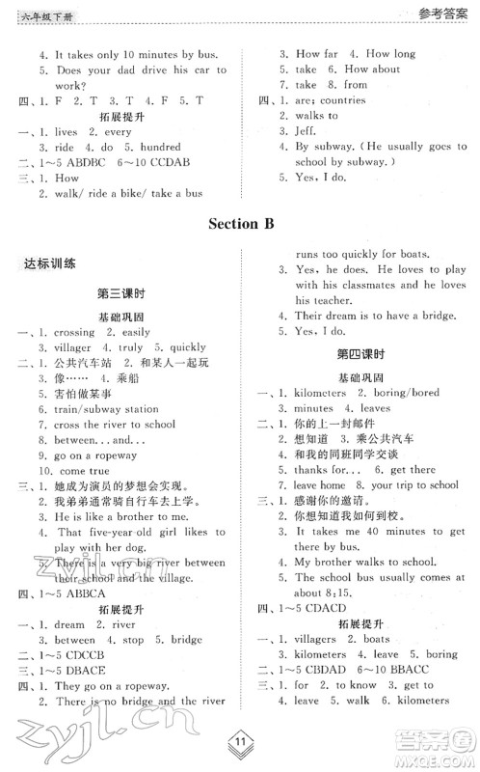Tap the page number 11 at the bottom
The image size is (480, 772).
pos(240,744)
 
